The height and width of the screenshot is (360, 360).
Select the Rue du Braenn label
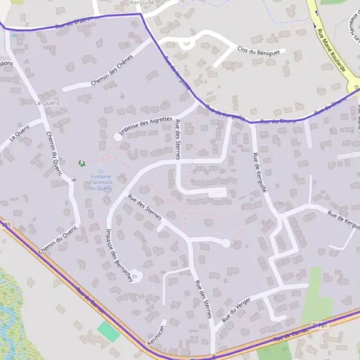(x=74, y=23)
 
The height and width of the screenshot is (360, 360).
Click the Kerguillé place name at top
(x=142, y=3)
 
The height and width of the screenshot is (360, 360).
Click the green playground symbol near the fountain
(x=82, y=163)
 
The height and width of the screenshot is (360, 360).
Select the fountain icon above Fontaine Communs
(x=100, y=171)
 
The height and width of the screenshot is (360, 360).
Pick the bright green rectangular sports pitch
(x=109, y=331)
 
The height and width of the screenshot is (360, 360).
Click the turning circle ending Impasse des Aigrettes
(x=118, y=137)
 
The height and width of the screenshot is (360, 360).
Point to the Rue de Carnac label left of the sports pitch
(x=90, y=298)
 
